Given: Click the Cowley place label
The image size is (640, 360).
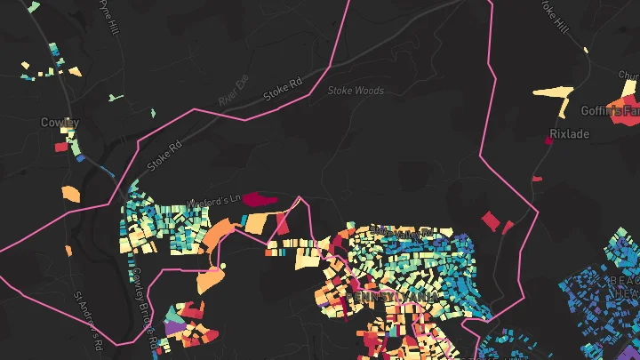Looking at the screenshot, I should pos(60,122).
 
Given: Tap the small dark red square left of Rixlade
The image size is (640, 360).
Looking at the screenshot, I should pos(548,140).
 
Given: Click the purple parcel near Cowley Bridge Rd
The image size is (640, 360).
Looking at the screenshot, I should pos(173,328).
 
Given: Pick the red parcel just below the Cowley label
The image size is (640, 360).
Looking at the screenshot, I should pos(61,148).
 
